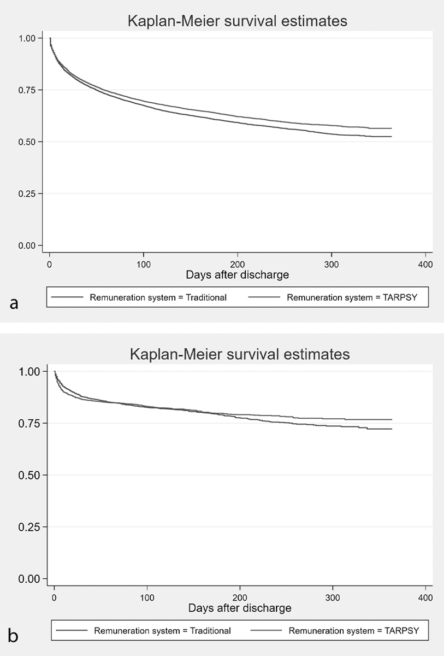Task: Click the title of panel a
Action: click(x=238, y=21)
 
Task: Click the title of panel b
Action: click(x=239, y=354)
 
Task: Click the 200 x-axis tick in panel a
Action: click(x=238, y=264)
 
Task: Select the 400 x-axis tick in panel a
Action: click(x=425, y=264)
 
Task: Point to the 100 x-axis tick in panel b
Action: click(x=147, y=597)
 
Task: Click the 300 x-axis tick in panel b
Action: click(x=333, y=597)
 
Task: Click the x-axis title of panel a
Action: click(x=236, y=274)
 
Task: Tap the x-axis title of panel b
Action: click(x=240, y=608)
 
